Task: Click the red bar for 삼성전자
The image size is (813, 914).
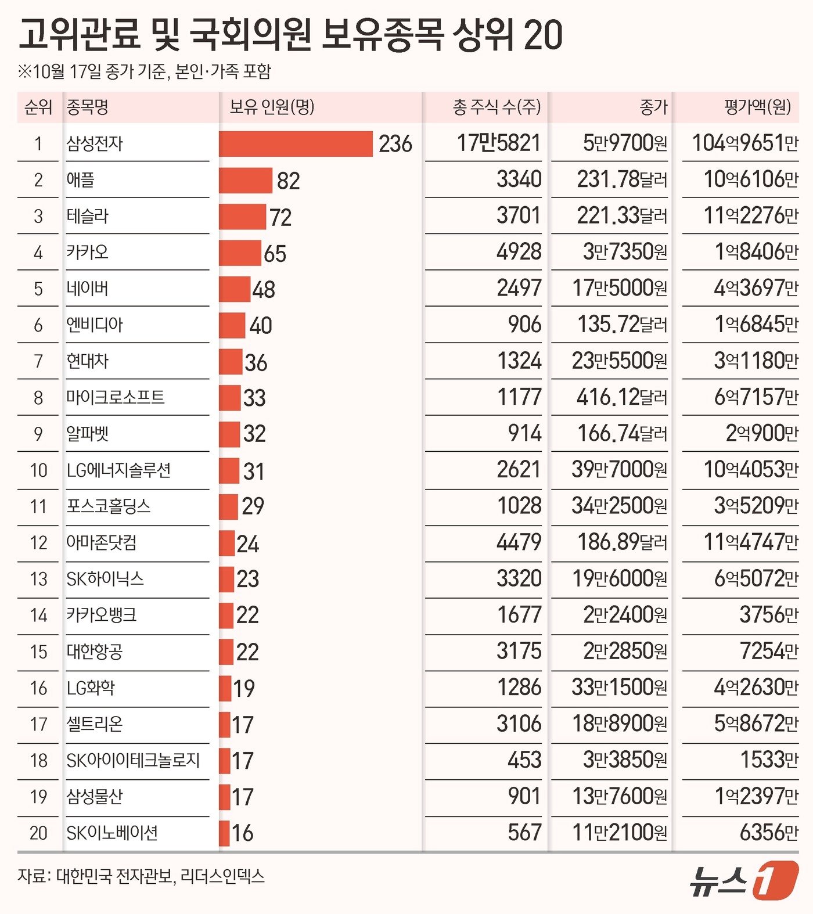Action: point(296,144)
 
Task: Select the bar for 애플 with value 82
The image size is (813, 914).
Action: point(245,181)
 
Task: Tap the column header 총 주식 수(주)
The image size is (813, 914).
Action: point(497,107)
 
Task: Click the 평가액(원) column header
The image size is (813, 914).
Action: point(757,107)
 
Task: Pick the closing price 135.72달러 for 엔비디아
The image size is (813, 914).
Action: point(622,325)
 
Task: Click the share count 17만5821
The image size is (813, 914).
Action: point(498,143)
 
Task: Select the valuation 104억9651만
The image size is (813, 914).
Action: point(745,143)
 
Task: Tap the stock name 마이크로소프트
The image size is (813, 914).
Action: point(116,398)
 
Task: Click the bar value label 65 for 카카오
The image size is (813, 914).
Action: point(275,254)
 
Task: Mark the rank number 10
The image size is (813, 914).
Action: point(38,470)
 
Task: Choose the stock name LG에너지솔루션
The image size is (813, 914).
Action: point(118,470)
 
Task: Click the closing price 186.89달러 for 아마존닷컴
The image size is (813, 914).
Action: point(622,542)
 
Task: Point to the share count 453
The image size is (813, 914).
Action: point(524,760)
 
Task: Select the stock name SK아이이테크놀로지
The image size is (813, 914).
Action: point(133,760)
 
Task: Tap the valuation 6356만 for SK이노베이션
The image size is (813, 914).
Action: point(769,833)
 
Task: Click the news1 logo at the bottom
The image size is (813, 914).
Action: point(744,880)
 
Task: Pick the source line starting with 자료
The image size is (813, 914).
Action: point(141,876)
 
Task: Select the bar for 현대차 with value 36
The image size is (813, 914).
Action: point(230,362)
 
